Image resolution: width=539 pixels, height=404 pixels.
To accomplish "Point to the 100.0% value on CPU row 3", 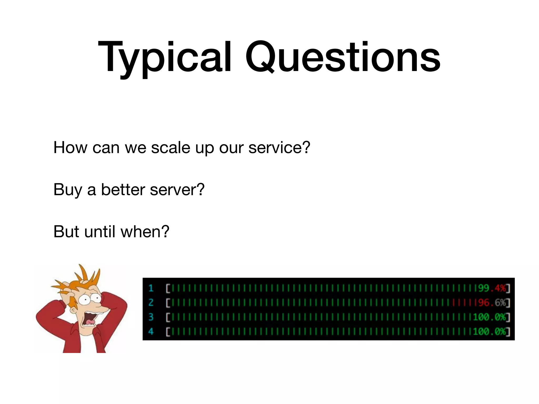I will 489,317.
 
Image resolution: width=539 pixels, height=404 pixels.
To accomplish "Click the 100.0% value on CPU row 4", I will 489,331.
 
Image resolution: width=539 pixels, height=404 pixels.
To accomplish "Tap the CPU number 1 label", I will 151,288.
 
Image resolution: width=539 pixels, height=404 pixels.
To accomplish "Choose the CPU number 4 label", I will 151,331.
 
